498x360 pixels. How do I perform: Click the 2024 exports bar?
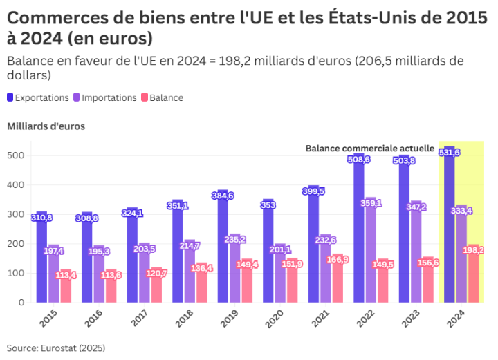[x=450, y=228]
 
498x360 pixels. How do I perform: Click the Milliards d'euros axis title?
[x=46, y=126]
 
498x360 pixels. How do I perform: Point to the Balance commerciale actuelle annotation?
[x=369, y=148]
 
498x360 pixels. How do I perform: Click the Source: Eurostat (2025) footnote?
[x=56, y=348]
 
